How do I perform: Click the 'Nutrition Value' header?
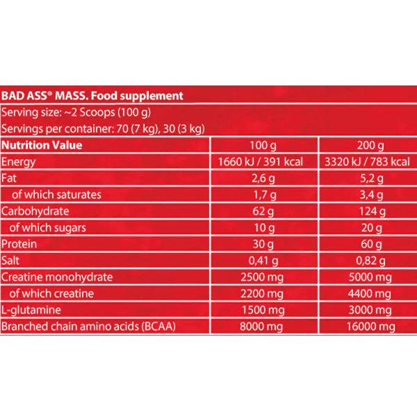(x=42, y=145)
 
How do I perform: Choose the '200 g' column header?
(x=366, y=145)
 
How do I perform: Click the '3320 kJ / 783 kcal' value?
(x=366, y=161)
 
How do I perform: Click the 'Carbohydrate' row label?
(x=33, y=211)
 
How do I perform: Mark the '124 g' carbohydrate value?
(x=366, y=211)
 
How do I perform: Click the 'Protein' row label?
(x=19, y=243)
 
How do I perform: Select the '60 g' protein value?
(x=366, y=243)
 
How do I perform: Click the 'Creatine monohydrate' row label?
(x=50, y=277)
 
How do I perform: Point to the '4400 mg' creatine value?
(x=366, y=293)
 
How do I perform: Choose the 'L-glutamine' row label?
(x=28, y=309)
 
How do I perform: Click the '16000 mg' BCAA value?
(x=366, y=326)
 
